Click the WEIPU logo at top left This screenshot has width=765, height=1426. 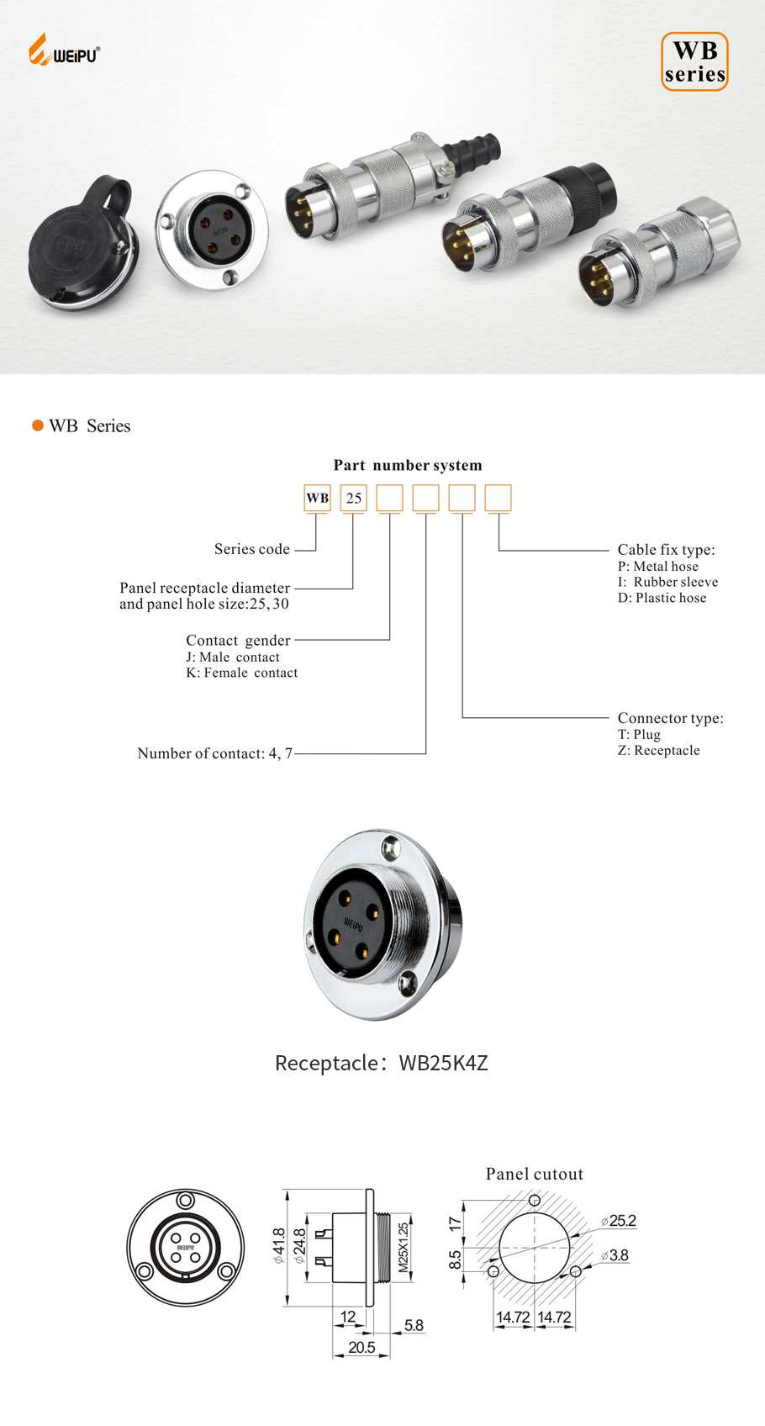(64, 51)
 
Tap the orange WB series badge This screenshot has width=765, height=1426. (694, 62)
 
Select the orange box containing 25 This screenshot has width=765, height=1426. (354, 498)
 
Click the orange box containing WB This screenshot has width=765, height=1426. (318, 498)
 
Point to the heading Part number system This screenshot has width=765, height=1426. (408, 465)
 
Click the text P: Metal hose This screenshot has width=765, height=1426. (657, 566)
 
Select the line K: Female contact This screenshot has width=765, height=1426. (242, 673)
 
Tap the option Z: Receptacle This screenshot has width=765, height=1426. (658, 750)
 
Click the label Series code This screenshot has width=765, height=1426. (251, 549)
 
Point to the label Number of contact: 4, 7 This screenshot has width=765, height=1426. (215, 753)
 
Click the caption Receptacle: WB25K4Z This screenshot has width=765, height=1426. (382, 1063)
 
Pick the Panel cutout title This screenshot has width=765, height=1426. (535, 1174)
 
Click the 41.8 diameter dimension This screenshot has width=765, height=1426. (278, 1246)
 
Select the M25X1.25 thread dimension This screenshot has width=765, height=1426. (403, 1246)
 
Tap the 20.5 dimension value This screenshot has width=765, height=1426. (361, 1347)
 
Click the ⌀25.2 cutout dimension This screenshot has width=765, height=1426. (619, 1221)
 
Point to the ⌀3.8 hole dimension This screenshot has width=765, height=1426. (615, 1255)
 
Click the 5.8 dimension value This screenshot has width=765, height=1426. (414, 1325)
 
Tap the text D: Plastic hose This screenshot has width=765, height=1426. (662, 598)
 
